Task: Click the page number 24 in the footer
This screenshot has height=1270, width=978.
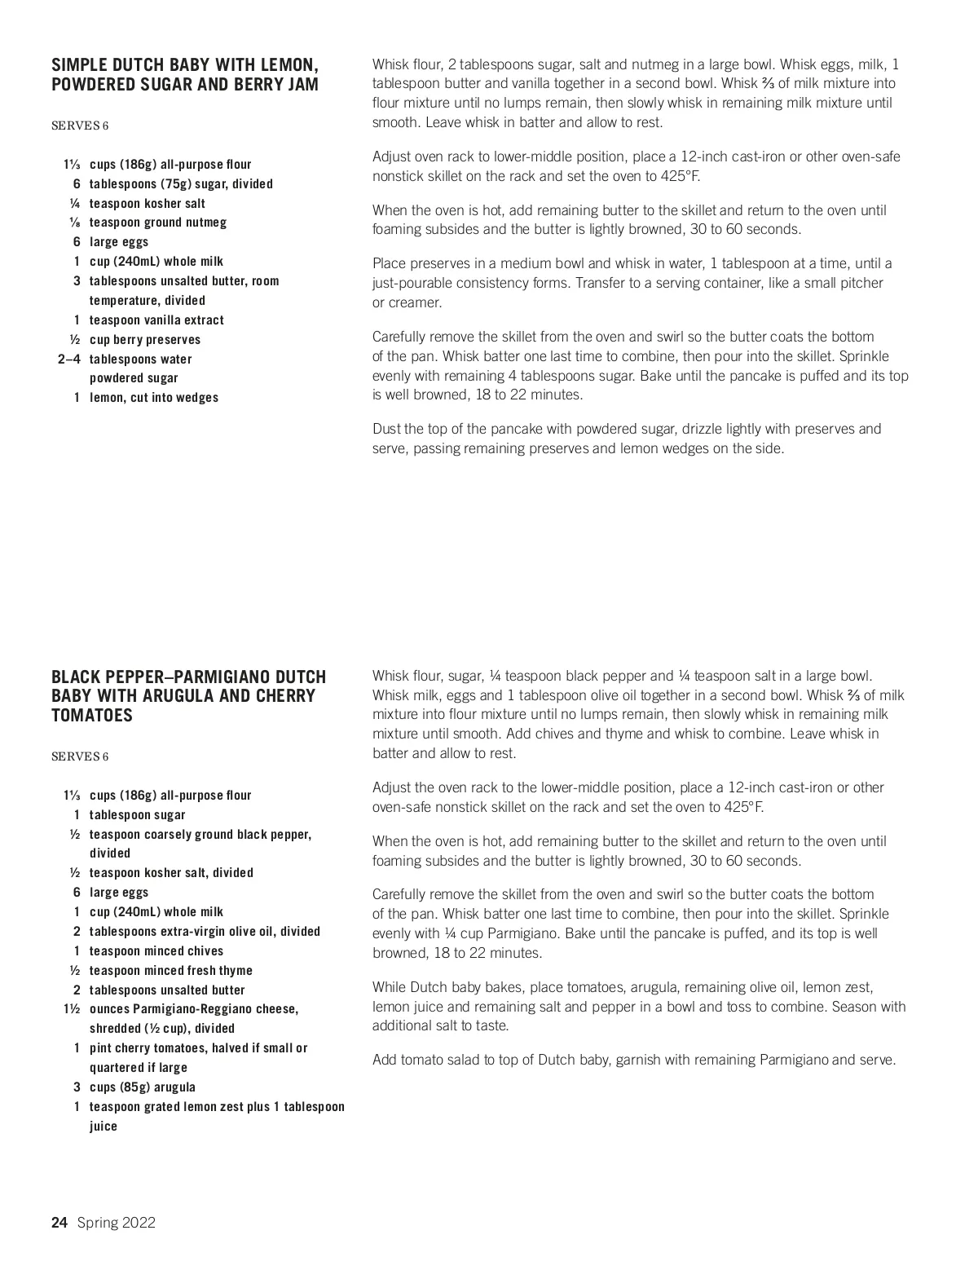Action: (x=59, y=1222)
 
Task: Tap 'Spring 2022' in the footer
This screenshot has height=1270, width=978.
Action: (x=117, y=1222)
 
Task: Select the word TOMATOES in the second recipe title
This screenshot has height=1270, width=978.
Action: (x=91, y=715)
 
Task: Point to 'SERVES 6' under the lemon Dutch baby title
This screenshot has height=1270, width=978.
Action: (x=80, y=126)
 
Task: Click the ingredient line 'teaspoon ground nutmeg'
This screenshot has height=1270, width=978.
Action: (x=157, y=223)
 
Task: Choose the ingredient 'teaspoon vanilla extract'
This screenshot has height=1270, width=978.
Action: (x=156, y=320)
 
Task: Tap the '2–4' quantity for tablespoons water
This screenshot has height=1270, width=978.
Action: (x=68, y=359)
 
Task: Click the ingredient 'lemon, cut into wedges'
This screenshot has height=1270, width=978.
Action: (x=153, y=398)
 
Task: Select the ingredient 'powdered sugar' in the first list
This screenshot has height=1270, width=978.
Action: (x=134, y=378)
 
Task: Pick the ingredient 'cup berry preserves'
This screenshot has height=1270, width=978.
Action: (x=144, y=340)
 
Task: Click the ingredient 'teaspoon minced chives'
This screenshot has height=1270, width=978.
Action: (x=156, y=951)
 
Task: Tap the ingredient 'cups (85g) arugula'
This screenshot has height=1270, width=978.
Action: (x=142, y=1087)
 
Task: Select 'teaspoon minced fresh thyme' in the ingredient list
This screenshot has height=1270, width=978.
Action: (x=170, y=971)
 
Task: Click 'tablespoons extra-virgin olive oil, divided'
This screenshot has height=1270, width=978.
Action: (x=205, y=932)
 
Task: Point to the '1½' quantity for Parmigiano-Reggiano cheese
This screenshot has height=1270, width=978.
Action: (x=72, y=1009)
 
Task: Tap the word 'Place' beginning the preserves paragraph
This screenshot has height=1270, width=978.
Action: (x=390, y=263)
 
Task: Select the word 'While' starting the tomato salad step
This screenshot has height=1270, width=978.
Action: (x=389, y=987)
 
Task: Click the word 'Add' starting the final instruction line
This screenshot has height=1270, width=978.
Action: (x=385, y=1060)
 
